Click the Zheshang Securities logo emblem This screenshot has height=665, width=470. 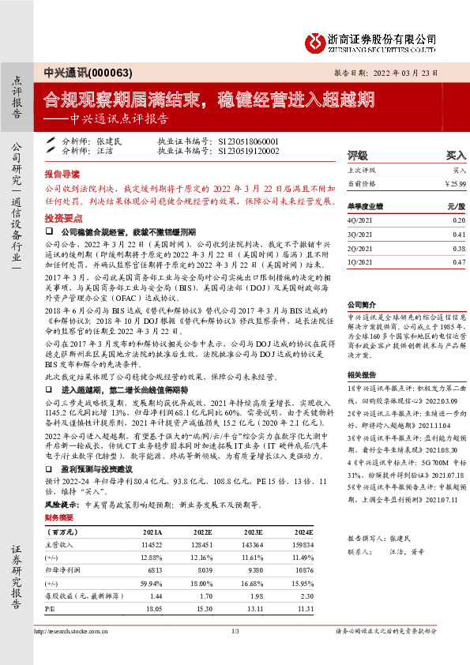316,39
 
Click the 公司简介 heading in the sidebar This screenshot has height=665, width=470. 361,304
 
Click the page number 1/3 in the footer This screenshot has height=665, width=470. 235,631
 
